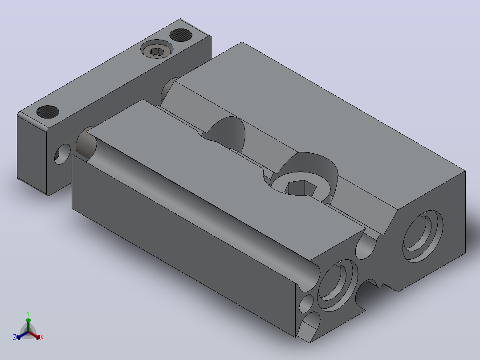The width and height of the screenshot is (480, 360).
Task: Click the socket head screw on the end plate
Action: coord(157,49)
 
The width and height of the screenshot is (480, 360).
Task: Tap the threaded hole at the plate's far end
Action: coord(181,35)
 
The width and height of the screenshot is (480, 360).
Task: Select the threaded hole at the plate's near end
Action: coord(48,112)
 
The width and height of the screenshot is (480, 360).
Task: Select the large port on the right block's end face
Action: coord(423,236)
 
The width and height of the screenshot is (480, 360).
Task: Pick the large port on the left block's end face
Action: coord(338,286)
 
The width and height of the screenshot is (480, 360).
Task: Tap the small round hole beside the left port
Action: coord(306,304)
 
